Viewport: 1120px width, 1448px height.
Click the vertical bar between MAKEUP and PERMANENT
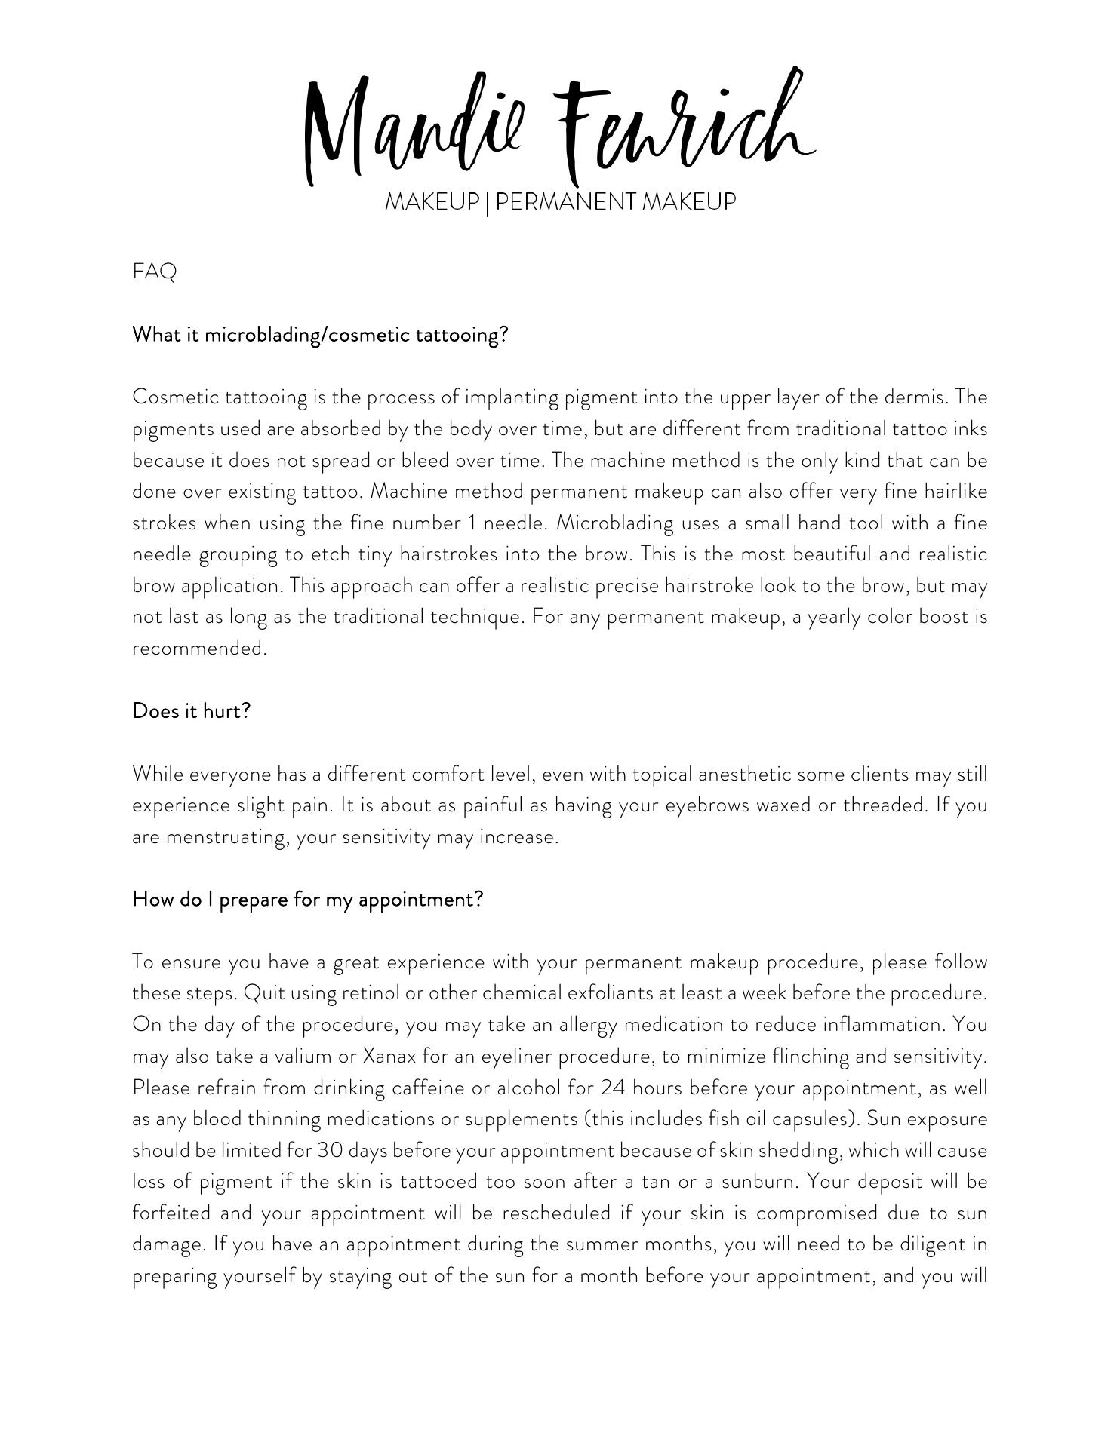click(488, 203)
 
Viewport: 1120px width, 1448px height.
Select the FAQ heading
click(154, 271)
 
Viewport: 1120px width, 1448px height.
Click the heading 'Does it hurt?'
click(191, 711)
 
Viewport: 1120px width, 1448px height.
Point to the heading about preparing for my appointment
click(307, 900)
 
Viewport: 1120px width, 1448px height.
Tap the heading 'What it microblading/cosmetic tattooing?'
click(320, 335)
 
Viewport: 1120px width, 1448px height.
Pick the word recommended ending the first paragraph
click(199, 649)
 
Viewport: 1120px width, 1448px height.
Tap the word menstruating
click(225, 837)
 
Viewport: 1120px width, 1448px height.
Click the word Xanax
click(389, 1057)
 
